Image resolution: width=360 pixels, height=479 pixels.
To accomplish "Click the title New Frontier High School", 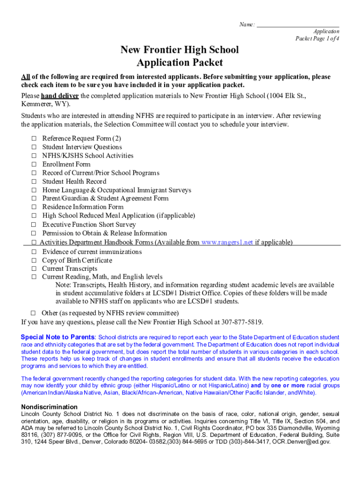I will click(x=180, y=50).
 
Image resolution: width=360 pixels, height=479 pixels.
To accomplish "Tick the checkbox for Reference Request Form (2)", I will click(x=34, y=138).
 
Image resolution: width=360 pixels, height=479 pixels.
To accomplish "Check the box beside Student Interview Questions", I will click(x=34, y=147).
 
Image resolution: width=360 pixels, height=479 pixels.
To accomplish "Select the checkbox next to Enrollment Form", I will click(x=34, y=164).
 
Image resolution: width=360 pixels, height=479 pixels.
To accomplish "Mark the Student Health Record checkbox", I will click(x=34, y=181).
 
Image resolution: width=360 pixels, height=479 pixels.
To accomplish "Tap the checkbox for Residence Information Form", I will click(x=34, y=207).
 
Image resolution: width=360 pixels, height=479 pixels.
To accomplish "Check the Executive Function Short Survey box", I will click(x=34, y=225).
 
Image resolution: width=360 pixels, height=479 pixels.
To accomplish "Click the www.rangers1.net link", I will click(x=227, y=242).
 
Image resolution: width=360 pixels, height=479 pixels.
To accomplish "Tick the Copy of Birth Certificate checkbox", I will click(x=34, y=261).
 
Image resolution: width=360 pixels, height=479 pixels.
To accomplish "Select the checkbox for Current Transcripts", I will click(x=34, y=269).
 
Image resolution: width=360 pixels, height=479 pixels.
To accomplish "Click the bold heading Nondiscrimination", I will click(x=49, y=407).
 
